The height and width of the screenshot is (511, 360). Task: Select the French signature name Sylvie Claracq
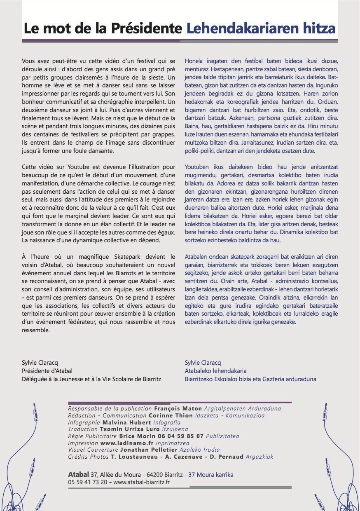tap(40, 363)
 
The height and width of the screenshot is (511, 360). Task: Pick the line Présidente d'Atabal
tap(47, 371)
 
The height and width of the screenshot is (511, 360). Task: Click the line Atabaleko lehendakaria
tap(216, 371)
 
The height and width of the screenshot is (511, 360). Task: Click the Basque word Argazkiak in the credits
tap(259, 457)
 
